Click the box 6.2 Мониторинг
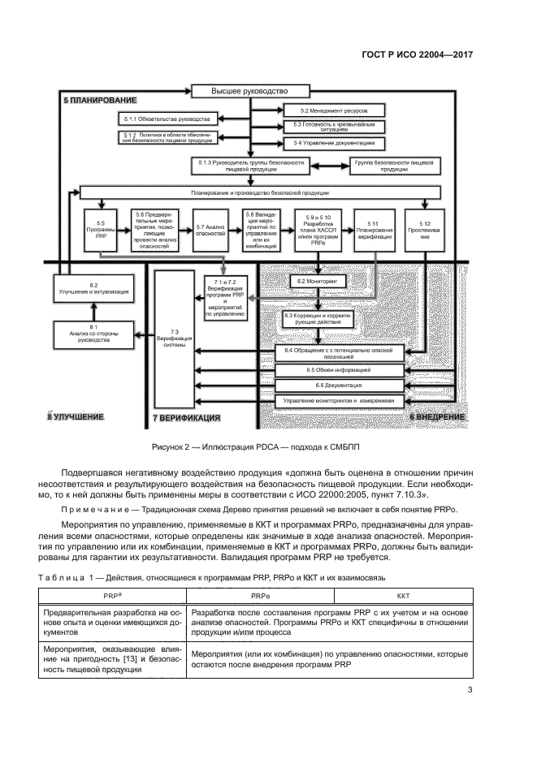(x=322, y=280)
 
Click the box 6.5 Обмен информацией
(x=339, y=369)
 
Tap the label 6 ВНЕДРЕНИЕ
(x=436, y=416)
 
